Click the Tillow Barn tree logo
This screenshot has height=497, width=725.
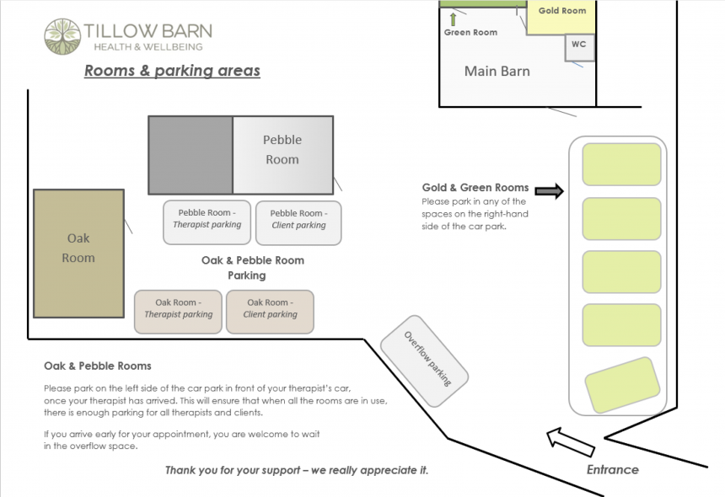(62, 37)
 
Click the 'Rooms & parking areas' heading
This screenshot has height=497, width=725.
(172, 71)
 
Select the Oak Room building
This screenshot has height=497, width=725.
(78, 253)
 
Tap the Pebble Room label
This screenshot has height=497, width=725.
(282, 149)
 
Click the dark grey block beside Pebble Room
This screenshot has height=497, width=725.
(191, 156)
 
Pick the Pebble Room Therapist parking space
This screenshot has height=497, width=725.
(207, 222)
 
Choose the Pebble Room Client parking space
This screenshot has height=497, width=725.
(298, 222)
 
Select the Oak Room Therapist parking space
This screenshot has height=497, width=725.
(178, 312)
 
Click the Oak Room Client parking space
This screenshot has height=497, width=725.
(270, 312)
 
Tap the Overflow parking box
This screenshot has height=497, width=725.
(424, 361)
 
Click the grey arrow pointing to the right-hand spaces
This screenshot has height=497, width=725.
(549, 192)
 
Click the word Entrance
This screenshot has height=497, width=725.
(613, 469)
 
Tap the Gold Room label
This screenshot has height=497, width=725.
(561, 11)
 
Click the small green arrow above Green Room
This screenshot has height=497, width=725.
(453, 19)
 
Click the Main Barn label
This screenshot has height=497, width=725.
(497, 72)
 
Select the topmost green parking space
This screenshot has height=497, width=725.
(621, 164)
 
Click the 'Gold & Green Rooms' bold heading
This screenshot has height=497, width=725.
(475, 187)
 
